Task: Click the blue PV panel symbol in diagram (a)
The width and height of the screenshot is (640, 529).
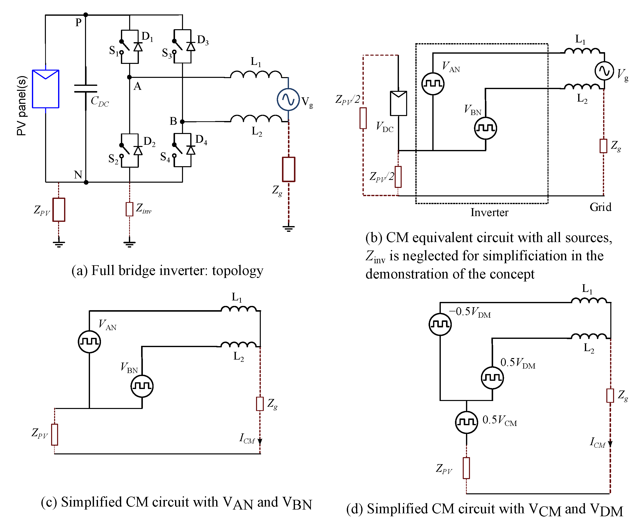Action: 46,89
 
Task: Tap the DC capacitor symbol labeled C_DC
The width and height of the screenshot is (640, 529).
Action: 86,88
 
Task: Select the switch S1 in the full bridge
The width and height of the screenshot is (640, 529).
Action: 125,47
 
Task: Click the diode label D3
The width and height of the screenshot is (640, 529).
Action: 202,40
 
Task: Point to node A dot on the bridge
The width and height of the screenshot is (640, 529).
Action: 129,77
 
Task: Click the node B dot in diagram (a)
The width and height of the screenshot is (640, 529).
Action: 182,122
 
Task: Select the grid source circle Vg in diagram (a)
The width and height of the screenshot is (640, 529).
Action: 288,99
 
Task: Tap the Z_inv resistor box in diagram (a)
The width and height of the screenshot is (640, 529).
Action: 129,209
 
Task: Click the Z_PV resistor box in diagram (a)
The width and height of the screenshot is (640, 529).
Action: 59,210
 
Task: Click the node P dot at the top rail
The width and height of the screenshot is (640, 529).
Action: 86,15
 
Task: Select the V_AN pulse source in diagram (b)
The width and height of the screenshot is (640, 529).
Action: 432,84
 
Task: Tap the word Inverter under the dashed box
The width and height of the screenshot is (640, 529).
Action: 489,212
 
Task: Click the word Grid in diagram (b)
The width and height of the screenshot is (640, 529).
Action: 600,207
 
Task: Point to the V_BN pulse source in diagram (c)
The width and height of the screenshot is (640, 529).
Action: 142,386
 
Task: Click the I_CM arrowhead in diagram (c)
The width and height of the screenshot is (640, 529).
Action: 260,441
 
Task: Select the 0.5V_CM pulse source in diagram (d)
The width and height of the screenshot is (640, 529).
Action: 466,422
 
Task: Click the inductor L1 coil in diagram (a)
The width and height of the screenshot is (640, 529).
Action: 256,74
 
